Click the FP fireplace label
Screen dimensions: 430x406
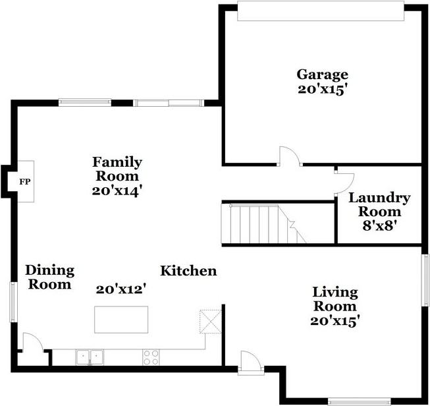[24, 182]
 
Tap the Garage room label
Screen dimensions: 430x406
[322, 75]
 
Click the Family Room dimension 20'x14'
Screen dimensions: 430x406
[117, 190]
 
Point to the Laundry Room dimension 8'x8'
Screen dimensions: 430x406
[380, 226]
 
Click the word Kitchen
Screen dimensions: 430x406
[188, 271]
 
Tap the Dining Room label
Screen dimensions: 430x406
[49, 277]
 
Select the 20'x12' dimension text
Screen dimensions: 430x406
[121, 289]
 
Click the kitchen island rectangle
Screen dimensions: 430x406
[121, 320]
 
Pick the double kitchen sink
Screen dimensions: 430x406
[90, 357]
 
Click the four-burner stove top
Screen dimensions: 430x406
[151, 357]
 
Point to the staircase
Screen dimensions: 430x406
[263, 224]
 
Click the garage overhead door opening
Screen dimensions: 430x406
[321, 11]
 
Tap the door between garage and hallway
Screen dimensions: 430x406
[290, 157]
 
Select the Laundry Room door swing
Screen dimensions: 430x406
[344, 184]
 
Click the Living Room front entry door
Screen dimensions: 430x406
[251, 362]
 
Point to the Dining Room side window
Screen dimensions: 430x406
[13, 302]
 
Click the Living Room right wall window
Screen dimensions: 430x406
[425, 280]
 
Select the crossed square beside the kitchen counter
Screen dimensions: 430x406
[211, 322]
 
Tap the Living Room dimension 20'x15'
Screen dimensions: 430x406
[335, 320]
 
